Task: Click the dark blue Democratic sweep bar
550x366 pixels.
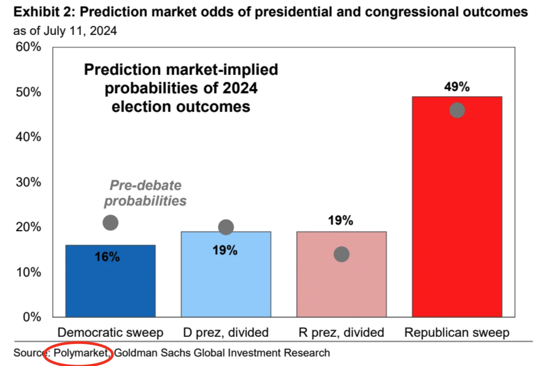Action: (x=110, y=287)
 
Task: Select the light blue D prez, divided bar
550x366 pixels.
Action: (x=226, y=282)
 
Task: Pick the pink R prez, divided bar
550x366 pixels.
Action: (x=341, y=287)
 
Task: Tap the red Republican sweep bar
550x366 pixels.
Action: (x=457, y=212)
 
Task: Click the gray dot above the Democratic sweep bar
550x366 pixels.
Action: (x=110, y=223)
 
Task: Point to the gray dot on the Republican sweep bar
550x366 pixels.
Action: (x=457, y=110)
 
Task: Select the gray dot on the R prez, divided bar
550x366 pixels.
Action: (x=342, y=254)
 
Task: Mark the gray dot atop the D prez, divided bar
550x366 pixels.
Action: (x=226, y=227)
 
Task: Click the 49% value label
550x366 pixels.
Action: (x=457, y=87)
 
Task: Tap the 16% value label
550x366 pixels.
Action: (x=107, y=257)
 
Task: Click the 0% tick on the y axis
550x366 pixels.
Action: (x=31, y=317)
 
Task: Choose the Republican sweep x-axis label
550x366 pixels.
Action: (x=457, y=332)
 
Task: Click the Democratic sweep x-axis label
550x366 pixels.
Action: (x=110, y=332)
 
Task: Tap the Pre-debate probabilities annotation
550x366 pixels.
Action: (x=145, y=193)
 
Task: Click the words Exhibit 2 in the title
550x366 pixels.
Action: (x=37, y=12)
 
